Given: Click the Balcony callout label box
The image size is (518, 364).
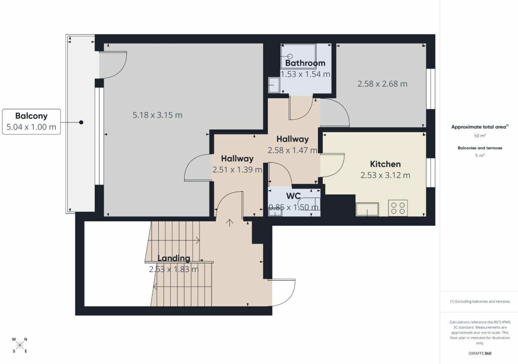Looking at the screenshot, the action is (x=31, y=122).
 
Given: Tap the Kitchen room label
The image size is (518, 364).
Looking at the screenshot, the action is (x=385, y=164).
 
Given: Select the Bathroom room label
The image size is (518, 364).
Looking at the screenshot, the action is (x=305, y=63).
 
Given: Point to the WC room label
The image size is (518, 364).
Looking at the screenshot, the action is (x=293, y=196).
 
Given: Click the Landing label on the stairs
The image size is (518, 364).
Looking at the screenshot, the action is (x=174, y=258).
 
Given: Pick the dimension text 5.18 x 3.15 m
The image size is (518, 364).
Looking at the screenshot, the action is (x=157, y=115).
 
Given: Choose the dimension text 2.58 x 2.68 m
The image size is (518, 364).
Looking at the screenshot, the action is (x=382, y=84).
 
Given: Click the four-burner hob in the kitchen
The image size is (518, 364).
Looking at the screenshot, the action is (x=398, y=208).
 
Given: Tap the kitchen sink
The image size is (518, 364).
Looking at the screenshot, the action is (x=367, y=209).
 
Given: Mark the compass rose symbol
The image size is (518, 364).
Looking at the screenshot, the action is (x=20, y=345).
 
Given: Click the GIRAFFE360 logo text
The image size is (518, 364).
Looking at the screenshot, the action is (x=480, y=353).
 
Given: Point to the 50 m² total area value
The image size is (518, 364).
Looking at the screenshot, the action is (x=480, y=136).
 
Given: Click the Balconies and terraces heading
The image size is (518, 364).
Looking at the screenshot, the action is (x=480, y=148).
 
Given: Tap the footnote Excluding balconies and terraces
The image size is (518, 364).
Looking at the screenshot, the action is (x=480, y=301).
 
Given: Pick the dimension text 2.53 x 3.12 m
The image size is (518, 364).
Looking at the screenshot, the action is (x=385, y=175).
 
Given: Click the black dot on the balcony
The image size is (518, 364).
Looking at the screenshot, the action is (x=81, y=122).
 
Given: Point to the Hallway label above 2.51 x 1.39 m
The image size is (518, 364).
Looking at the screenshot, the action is (x=237, y=159).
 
